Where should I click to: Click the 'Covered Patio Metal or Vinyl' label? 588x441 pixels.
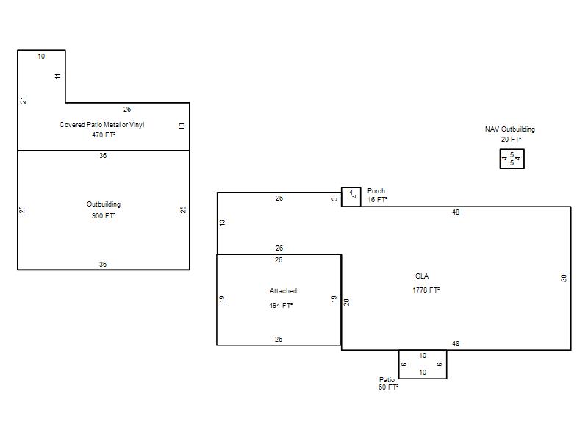101,125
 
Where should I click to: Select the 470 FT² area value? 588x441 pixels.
104,135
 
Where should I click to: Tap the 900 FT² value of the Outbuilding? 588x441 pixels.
104,215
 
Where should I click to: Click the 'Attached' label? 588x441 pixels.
283,290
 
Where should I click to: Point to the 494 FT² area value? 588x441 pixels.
281,305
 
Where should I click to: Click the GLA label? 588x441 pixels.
422,276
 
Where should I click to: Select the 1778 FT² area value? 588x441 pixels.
426,290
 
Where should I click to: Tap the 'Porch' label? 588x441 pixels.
376,191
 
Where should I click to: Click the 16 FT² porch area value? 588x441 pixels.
377,199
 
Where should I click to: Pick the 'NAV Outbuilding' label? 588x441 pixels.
510,129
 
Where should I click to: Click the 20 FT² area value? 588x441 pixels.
511,139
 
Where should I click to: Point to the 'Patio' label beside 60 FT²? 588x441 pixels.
387,379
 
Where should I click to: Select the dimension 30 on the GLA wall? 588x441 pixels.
564,278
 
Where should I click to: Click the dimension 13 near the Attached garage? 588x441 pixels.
223,223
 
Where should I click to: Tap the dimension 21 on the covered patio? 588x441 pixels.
24,101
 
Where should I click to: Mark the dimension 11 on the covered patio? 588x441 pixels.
57,76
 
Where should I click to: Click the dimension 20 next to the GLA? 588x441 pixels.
346,302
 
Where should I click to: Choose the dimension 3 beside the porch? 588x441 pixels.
334,198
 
